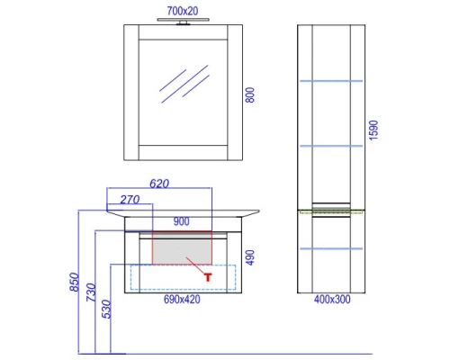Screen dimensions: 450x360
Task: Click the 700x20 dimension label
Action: [x=183, y=11]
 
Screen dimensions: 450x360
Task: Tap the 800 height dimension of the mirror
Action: [x=250, y=95]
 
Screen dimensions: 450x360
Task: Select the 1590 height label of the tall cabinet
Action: [x=373, y=130]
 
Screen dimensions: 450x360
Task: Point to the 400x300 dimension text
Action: [x=332, y=300]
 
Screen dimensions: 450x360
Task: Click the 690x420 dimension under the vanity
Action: [x=182, y=300]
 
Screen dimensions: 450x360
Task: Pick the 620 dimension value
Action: [x=159, y=184]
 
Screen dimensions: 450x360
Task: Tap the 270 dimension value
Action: [x=130, y=200]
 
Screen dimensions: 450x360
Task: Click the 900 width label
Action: [x=182, y=221]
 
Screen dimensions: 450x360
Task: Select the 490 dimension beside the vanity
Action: [x=250, y=257]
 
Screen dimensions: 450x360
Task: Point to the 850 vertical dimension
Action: [x=74, y=282]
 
